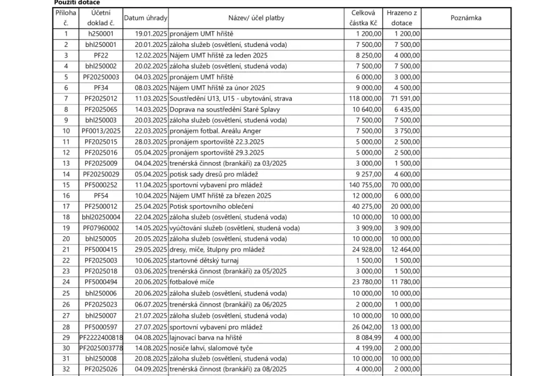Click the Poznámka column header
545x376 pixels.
click(x=466, y=18)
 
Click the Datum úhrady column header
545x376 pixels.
click(x=146, y=18)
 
